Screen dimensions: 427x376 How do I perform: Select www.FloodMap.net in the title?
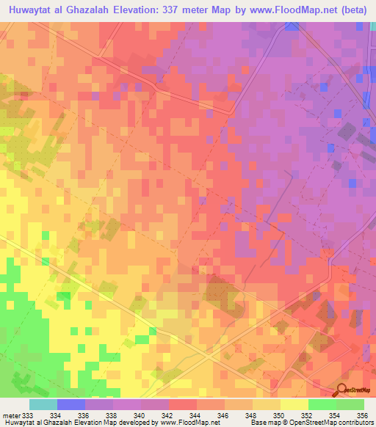258,10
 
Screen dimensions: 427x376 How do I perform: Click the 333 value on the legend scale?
27,415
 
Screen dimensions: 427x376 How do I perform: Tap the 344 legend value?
196,415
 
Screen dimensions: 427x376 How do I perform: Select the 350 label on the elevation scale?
280,415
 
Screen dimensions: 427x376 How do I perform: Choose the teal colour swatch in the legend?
43,404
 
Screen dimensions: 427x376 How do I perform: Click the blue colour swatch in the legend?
70,404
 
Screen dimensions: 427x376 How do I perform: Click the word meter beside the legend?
10,415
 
